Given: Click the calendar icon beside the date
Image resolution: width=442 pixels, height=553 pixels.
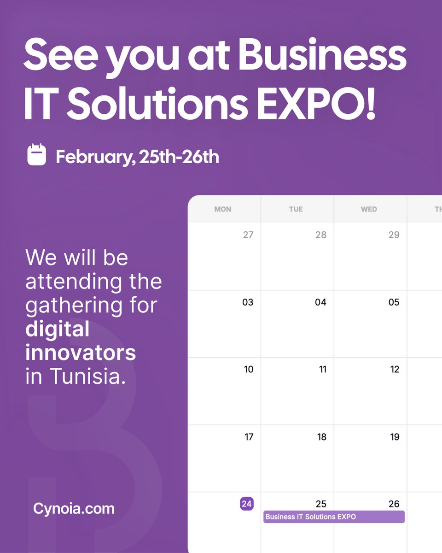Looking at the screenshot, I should [36, 155].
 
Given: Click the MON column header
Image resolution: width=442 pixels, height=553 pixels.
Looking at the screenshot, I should [223, 209].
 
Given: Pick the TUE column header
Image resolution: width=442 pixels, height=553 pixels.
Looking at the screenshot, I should [296, 209].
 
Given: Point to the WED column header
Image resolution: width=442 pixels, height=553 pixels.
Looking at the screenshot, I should [369, 209].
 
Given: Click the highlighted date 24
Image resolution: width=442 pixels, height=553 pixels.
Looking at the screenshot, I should [247, 504].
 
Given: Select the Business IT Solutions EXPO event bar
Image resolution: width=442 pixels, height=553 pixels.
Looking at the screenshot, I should [334, 517].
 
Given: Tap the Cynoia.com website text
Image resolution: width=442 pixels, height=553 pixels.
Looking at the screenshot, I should [74, 509].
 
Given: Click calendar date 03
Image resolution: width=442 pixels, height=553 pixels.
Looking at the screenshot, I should [248, 302].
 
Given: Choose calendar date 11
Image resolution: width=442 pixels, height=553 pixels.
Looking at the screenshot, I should [322, 370].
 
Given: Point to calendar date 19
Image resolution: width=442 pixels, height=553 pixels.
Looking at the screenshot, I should [395, 437].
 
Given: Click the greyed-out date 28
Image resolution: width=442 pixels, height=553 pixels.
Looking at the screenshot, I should [321, 235].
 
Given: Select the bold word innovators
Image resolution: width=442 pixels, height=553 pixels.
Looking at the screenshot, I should [81, 353].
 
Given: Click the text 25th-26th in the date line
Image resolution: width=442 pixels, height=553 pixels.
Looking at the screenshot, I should [179, 157].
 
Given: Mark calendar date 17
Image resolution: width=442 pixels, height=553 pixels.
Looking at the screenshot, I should [249, 437].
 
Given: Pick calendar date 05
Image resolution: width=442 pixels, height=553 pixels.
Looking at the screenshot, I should [394, 302].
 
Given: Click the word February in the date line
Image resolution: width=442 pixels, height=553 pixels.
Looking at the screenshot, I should [94, 157].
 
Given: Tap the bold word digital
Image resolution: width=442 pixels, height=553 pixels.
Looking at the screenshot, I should [57, 329].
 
